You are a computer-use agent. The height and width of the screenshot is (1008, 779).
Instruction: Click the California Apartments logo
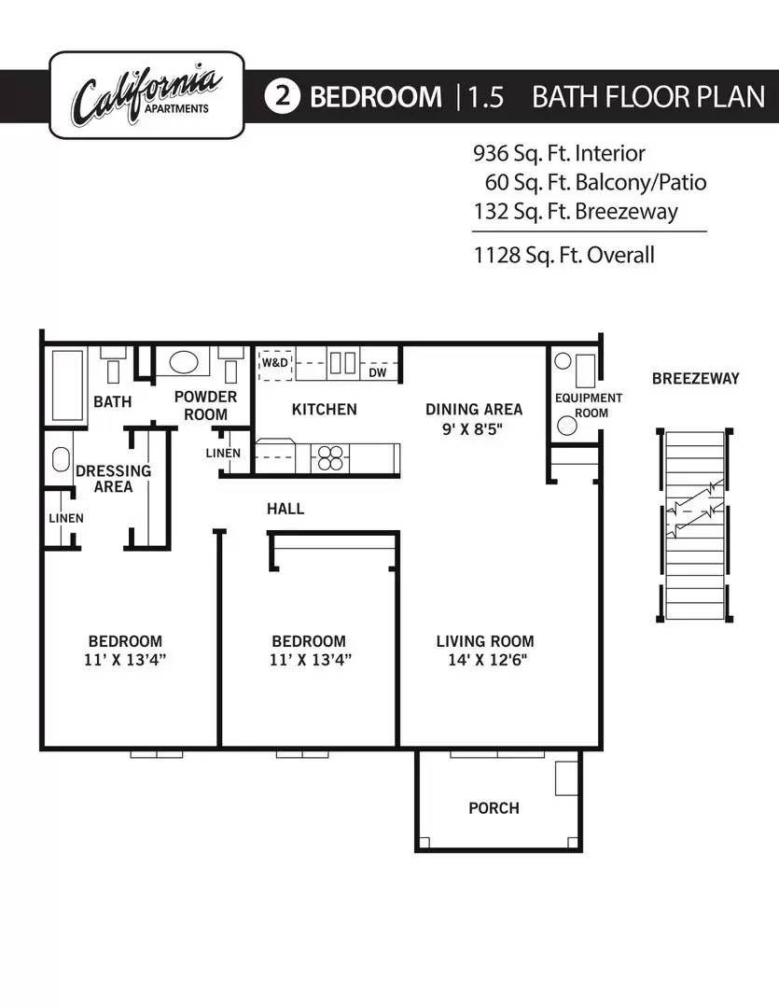tap(146, 95)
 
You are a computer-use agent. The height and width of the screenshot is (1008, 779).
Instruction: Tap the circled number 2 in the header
tap(282, 96)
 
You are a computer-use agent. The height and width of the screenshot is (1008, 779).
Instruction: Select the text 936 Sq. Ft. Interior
tap(559, 153)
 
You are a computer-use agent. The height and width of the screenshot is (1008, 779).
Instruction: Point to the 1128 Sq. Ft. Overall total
tap(563, 255)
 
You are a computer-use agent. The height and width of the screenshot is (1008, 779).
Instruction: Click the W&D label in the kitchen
tap(275, 362)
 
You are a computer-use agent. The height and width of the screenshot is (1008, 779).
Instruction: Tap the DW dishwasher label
tap(377, 372)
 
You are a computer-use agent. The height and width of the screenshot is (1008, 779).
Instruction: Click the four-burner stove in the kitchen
tap(330, 458)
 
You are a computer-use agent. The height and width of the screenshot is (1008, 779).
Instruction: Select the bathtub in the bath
tap(67, 385)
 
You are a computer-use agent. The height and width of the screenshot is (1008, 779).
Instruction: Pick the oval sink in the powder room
tap(183, 362)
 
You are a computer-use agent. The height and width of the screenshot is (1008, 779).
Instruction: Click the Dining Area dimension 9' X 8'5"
tap(472, 428)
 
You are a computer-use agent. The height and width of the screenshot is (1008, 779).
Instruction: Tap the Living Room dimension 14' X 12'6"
tap(487, 660)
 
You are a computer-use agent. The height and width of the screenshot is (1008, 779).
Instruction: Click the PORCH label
tap(494, 808)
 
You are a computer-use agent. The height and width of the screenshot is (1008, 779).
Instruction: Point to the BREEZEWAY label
tap(695, 379)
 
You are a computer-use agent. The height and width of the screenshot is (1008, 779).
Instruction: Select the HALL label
tap(285, 509)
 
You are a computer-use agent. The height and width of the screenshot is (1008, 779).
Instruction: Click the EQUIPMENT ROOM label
tap(588, 406)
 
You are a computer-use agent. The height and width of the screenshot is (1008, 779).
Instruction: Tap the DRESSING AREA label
tap(113, 479)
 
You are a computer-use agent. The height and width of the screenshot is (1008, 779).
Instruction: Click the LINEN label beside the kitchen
tap(223, 454)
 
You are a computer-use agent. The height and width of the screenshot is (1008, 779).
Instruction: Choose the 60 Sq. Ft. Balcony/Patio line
tap(595, 183)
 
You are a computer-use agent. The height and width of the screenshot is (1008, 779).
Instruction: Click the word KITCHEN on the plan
tap(324, 410)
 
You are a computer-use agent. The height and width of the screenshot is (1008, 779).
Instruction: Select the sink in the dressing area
tap(61, 459)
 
